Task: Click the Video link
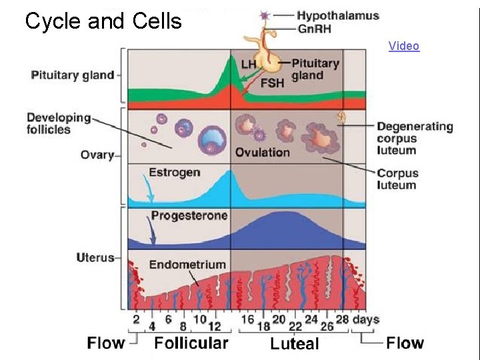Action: [x=404, y=46]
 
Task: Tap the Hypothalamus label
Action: [x=338, y=15]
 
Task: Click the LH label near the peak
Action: [x=249, y=64]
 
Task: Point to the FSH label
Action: [x=272, y=83]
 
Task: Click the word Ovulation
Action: [x=262, y=152]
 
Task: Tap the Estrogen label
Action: [x=174, y=172]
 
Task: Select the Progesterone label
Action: [x=189, y=215]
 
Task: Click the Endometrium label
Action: [x=187, y=265]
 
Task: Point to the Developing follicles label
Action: [x=59, y=123]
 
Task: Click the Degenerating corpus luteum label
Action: [x=415, y=139]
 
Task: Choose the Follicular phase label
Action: [x=191, y=343]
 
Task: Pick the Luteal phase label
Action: [x=295, y=344]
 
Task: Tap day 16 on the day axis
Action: [x=247, y=319]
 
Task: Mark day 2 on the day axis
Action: [x=136, y=319]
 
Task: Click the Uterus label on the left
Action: [x=95, y=257]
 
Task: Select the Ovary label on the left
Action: [x=97, y=155]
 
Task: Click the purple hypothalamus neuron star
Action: [x=265, y=15]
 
